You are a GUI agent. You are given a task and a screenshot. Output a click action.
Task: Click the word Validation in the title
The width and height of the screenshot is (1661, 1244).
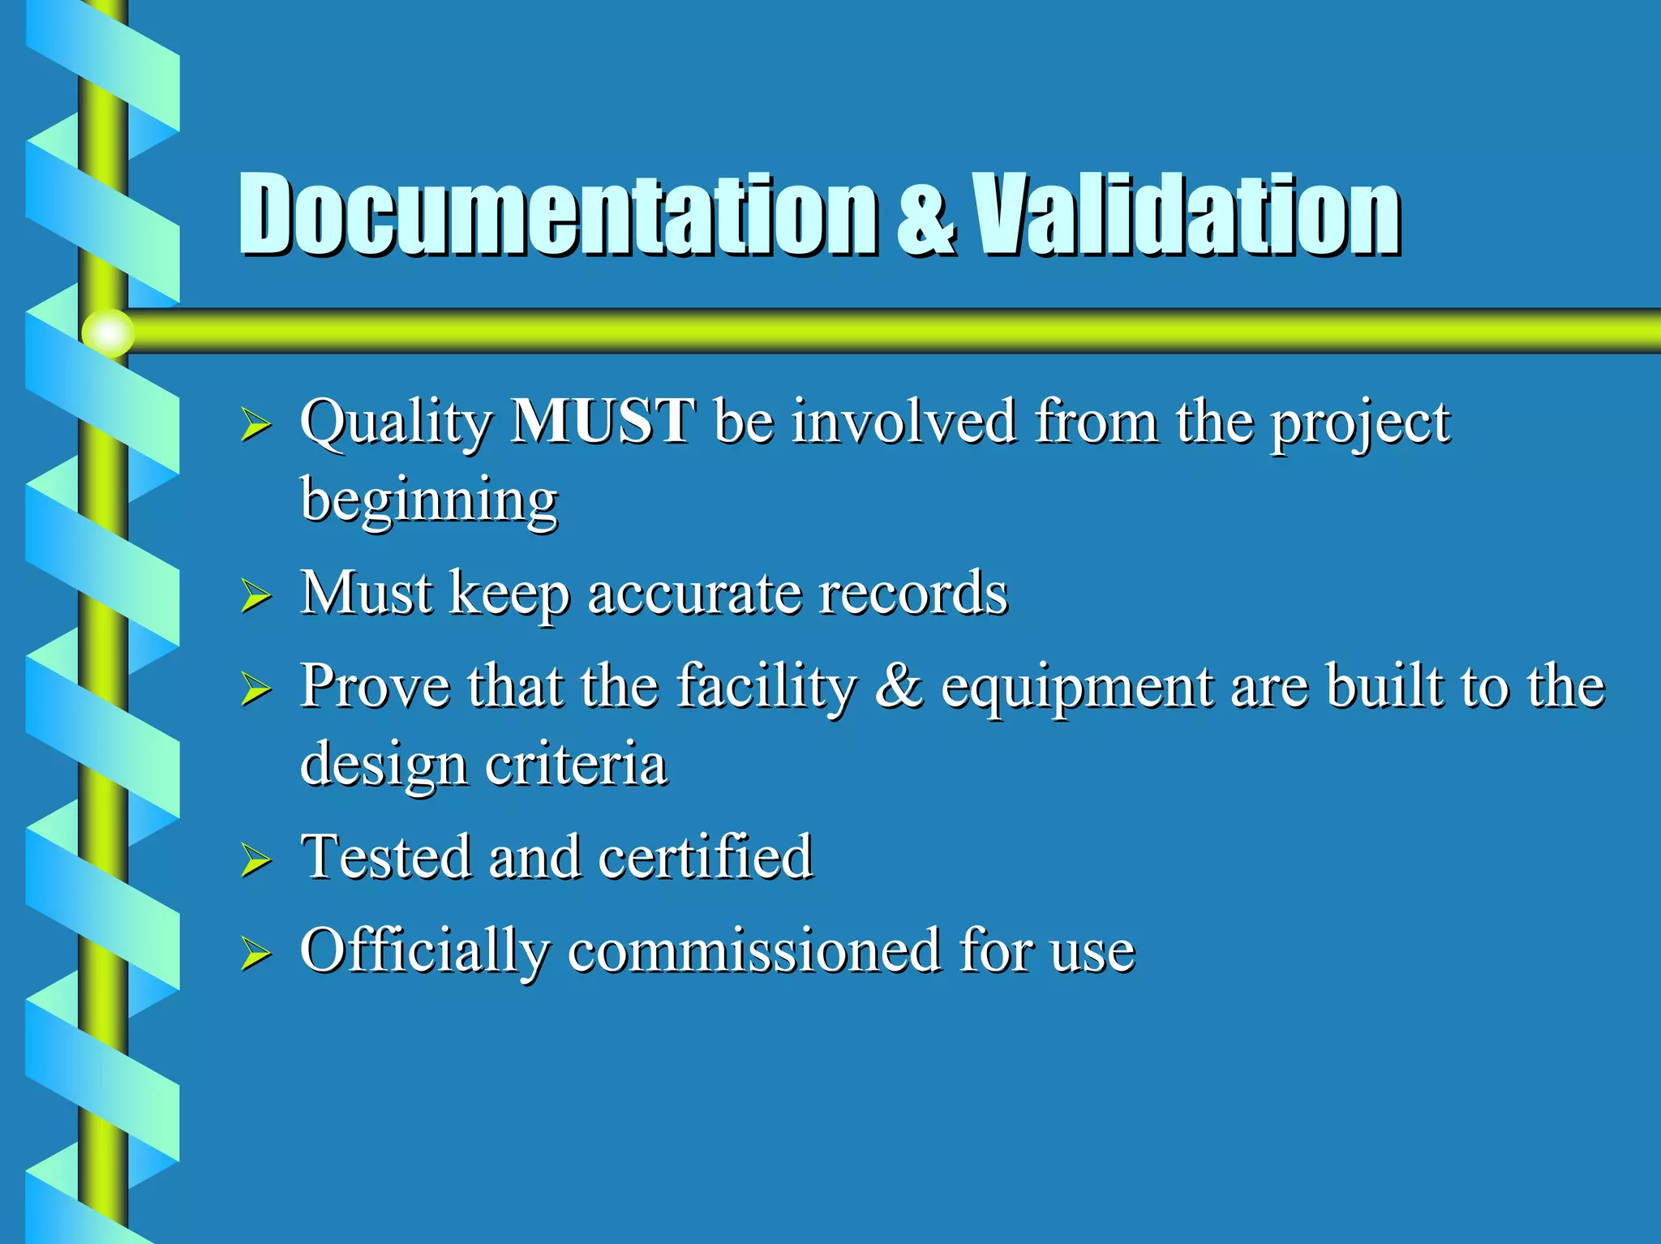click(1187, 215)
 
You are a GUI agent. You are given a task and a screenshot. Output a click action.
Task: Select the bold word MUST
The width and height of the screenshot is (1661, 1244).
click(602, 422)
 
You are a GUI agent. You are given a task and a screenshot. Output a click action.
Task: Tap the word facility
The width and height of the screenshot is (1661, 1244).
click(766, 688)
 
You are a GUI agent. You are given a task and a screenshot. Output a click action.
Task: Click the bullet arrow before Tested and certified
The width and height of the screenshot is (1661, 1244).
click(255, 860)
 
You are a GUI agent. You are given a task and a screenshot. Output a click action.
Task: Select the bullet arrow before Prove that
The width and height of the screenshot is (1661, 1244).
click(255, 690)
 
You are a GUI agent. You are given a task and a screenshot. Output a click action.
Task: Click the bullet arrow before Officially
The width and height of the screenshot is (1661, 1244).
click(255, 954)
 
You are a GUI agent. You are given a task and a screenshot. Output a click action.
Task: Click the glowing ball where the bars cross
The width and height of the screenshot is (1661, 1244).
click(108, 332)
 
